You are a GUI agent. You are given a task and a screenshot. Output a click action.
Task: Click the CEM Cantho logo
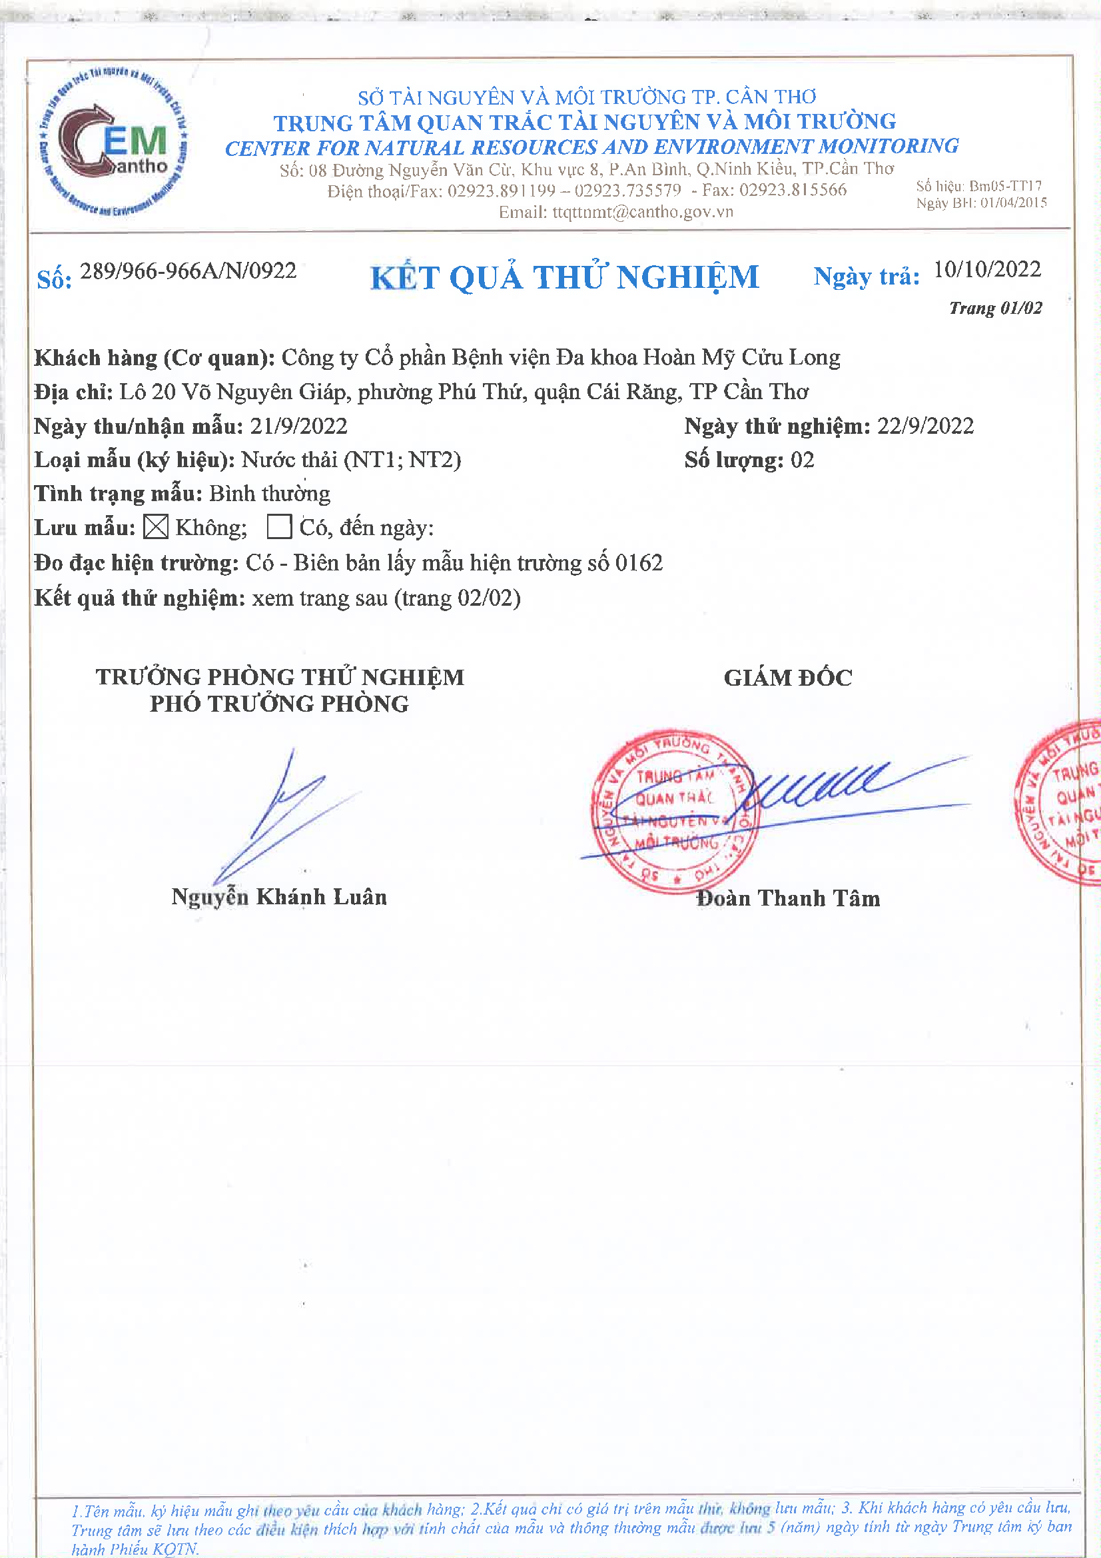click(x=113, y=141)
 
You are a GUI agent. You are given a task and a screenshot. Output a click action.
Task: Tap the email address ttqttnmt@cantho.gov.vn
click(x=643, y=213)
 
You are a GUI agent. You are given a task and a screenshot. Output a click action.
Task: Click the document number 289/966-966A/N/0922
click(x=188, y=271)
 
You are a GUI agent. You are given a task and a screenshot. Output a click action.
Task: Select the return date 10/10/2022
click(x=986, y=270)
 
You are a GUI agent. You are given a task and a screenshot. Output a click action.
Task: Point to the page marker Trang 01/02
click(x=994, y=309)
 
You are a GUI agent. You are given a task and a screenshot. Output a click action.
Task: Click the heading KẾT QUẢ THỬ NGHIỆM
click(x=564, y=277)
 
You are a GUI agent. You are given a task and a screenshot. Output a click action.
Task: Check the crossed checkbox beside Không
click(x=156, y=527)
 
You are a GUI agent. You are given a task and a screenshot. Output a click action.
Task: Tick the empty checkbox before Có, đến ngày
click(x=280, y=526)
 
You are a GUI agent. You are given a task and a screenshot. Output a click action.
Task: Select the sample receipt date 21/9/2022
click(x=298, y=426)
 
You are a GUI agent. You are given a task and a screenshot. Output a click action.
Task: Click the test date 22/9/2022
click(x=925, y=426)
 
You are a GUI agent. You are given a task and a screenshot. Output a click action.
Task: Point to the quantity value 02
click(x=803, y=460)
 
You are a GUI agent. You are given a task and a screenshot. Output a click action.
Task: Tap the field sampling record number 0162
click(x=638, y=562)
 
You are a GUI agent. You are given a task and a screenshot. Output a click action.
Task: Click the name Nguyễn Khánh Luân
click(x=279, y=896)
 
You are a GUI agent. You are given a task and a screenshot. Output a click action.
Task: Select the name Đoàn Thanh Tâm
click(x=787, y=898)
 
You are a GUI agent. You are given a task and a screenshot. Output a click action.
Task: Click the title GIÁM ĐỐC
click(x=787, y=677)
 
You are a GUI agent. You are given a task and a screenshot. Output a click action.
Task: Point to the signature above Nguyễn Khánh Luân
click(x=285, y=814)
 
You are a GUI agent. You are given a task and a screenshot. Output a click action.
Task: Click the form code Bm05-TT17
click(x=1004, y=186)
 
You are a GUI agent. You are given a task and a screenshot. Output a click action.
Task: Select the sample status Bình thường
click(x=269, y=493)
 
